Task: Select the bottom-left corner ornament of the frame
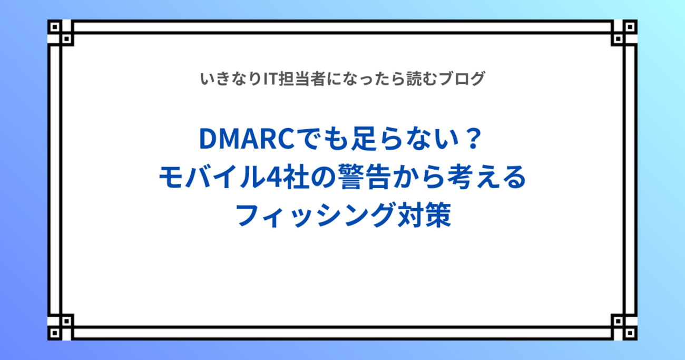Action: tap(61, 327)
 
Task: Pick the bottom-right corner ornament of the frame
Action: tap(624, 327)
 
